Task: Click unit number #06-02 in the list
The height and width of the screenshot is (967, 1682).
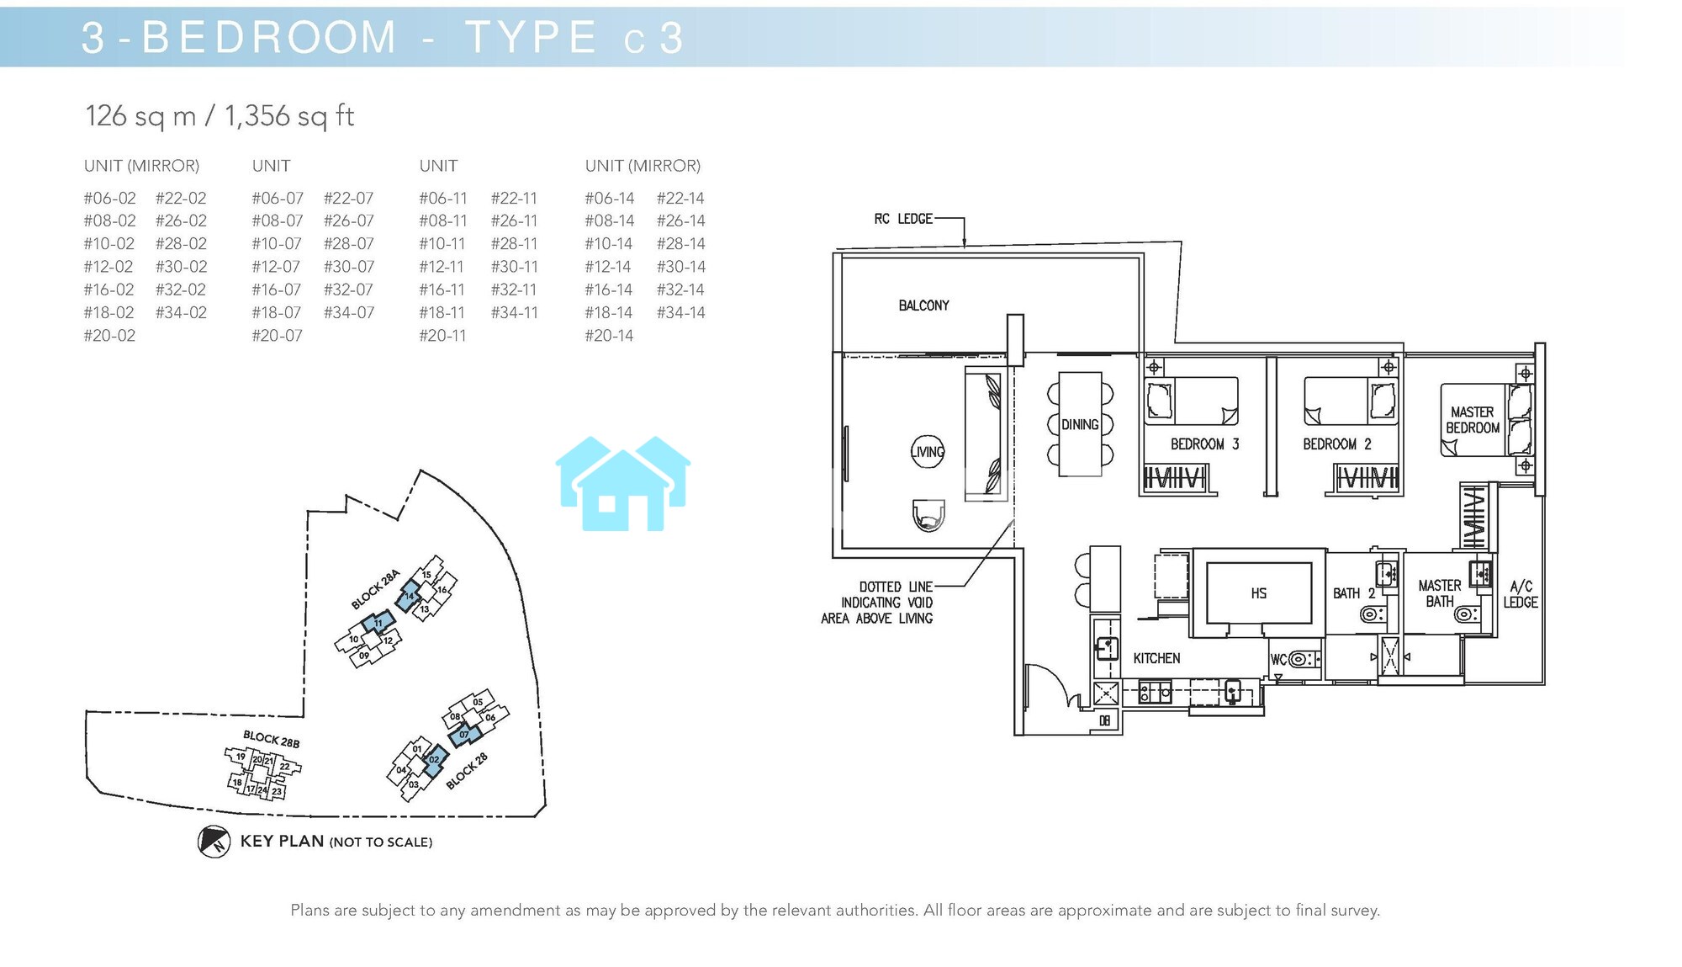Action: pos(109,199)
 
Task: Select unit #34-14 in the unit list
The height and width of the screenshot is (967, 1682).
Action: pos(680,313)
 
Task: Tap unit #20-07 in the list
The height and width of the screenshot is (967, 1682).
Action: pos(277,336)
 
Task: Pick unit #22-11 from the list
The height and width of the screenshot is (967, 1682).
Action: pos(514,199)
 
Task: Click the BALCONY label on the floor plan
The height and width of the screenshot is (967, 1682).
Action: pos(923,306)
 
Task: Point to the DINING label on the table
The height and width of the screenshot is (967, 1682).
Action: pos(1080,425)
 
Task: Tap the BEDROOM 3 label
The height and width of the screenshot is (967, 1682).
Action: pos(1204,444)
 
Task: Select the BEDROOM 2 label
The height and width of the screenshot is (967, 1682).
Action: pos(1337,444)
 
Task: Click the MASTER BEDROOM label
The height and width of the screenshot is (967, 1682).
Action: pos(1473,420)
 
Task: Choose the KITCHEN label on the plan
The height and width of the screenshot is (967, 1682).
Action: pos(1156,659)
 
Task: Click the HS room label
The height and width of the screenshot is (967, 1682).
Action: pos(1259,593)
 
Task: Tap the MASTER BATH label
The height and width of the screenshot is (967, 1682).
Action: pos(1440,593)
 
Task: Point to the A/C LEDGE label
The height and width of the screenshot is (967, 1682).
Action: pos(1521,594)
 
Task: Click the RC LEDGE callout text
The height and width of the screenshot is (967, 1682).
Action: pos(903,219)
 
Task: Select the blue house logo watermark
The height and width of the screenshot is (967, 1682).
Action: pos(623,483)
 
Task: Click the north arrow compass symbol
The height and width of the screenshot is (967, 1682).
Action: pos(214,842)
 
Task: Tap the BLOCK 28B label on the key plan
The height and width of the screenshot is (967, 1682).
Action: pos(271,740)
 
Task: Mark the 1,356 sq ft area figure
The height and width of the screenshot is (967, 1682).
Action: pos(288,116)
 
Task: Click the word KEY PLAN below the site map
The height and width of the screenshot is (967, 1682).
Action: pos(282,842)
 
